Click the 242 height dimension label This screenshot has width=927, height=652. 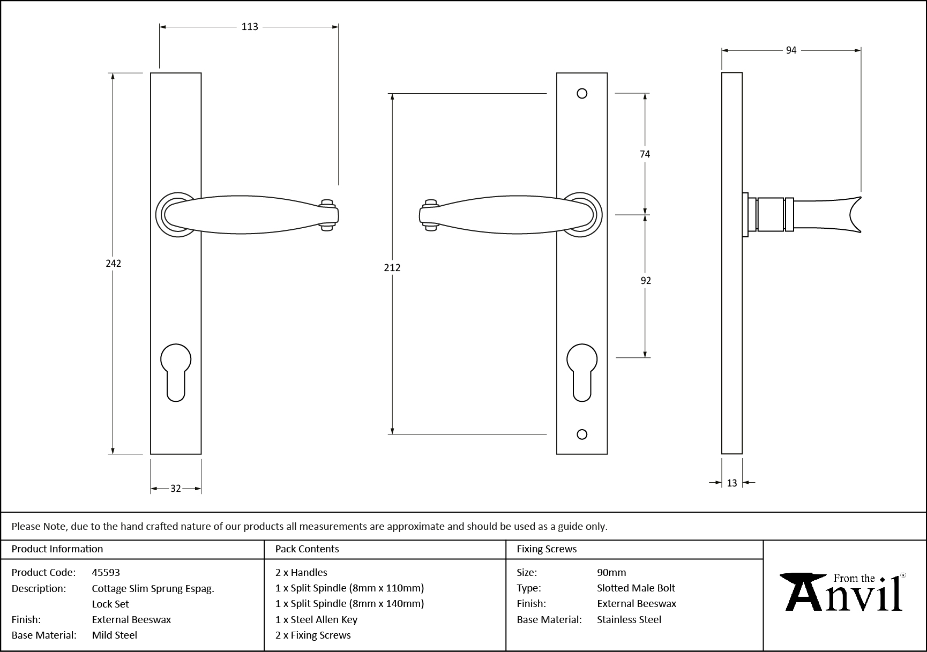tap(113, 263)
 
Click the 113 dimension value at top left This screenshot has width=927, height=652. tap(250, 27)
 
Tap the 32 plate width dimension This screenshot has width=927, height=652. tap(175, 489)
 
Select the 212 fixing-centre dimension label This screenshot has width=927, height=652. tap(392, 267)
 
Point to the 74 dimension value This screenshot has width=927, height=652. tap(645, 154)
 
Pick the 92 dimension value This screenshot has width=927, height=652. tap(645, 281)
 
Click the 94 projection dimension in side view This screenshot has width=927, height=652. tap(791, 50)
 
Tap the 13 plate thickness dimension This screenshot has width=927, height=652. tap(732, 483)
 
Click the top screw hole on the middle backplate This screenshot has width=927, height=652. tap(582, 94)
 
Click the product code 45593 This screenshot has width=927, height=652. tap(106, 572)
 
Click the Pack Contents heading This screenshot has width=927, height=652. tap(307, 549)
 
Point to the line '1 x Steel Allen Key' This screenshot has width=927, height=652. tap(316, 619)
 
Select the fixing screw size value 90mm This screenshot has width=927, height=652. tap(611, 572)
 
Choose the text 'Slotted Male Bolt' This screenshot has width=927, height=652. tap(636, 588)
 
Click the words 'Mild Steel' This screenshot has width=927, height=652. tap(115, 635)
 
